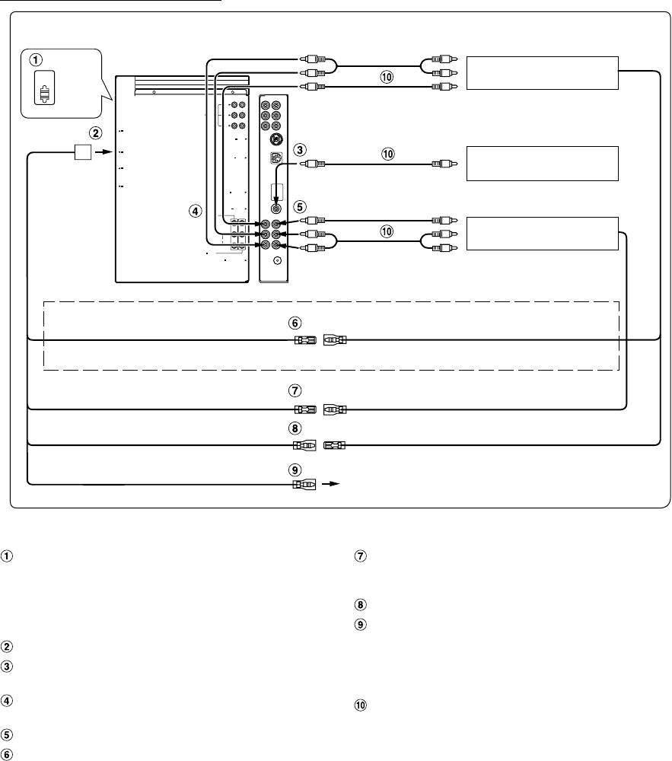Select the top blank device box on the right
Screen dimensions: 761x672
pyautogui.click(x=542, y=72)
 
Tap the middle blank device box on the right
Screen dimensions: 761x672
pyautogui.click(x=542, y=162)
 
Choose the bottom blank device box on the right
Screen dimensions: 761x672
pyautogui.click(x=542, y=234)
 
